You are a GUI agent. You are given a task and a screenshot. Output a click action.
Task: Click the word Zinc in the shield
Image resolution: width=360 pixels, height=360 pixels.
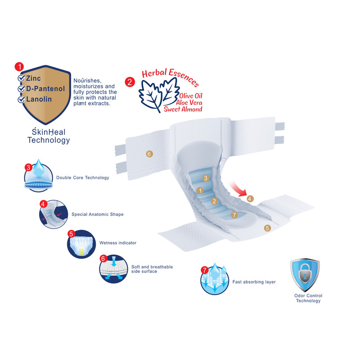click(x=33, y=78)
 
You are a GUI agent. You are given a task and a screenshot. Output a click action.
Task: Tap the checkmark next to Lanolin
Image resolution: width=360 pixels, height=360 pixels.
click(x=21, y=99)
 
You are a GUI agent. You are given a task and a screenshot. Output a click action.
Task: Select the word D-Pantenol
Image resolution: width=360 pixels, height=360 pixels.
click(x=43, y=89)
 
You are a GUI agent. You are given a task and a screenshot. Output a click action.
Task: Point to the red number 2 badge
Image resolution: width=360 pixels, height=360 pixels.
click(x=130, y=82)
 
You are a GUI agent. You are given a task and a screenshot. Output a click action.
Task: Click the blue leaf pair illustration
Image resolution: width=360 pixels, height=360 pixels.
click(x=155, y=94)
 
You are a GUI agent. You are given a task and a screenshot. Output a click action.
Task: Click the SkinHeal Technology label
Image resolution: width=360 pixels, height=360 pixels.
click(x=49, y=136)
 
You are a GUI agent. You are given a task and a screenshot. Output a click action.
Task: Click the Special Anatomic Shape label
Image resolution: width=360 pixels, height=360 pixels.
click(x=97, y=214)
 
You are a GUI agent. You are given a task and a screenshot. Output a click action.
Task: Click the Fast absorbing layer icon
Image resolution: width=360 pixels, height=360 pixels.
click(x=214, y=280)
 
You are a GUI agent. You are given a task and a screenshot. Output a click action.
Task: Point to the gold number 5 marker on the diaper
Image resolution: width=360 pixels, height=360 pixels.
click(x=267, y=228)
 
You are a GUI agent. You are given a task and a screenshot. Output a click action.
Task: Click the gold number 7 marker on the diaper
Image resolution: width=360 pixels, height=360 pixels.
click(x=234, y=215)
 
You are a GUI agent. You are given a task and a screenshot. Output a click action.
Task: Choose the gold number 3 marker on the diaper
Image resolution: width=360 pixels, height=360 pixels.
click(x=205, y=178)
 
